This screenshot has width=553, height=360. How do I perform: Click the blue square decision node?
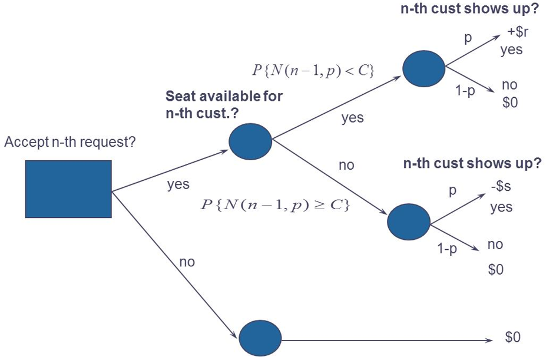coord(68,189)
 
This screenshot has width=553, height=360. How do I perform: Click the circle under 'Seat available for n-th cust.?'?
coord(250,141)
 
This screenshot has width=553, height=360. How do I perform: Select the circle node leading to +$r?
coord(424,68)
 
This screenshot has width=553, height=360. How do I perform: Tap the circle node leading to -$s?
coord(409,222)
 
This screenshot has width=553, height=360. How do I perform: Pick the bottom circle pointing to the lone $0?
coord(261,338)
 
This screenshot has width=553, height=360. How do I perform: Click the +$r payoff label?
coord(518,32)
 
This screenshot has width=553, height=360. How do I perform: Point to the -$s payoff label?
coord(501,186)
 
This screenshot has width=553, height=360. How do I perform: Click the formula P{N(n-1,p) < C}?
coord(313,71)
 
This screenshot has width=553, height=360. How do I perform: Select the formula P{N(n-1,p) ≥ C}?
coord(275,204)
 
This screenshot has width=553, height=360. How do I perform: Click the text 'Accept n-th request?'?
coord(70,142)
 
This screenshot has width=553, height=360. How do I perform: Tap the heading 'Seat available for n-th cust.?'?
coord(224,104)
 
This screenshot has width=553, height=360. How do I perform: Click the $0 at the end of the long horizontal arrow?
coord(512,337)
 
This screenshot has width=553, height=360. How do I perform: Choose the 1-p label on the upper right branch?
coord(465,91)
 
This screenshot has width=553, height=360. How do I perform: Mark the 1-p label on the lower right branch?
coord(447,249)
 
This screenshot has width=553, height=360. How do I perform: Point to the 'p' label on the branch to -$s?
coord(452,191)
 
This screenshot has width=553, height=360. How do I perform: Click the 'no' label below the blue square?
coord(187,262)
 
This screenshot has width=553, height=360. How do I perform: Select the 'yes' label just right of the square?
coord(178,184)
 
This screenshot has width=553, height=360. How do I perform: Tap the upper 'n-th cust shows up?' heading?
coord(470,8)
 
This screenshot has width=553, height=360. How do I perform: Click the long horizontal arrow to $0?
coord(387,340)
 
